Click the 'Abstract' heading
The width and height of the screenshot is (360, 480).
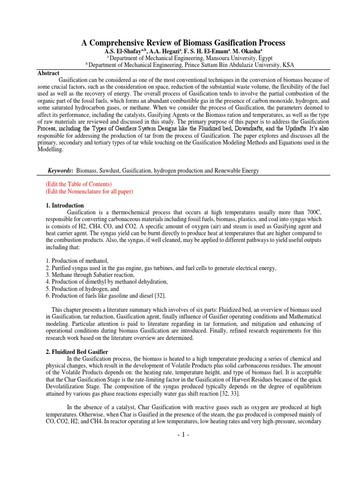[x=48, y=73]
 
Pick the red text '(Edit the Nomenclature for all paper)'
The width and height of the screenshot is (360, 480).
[x=89, y=192]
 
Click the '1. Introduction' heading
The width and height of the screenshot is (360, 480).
[x=65, y=206]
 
